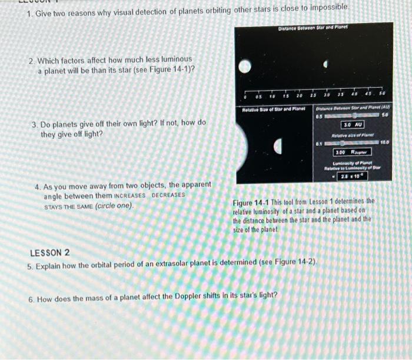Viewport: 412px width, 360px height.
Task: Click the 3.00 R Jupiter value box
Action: pyautogui.click(x=352, y=152)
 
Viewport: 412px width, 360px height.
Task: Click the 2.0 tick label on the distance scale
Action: pyautogui.click(x=300, y=97)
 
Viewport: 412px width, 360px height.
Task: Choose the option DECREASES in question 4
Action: pyautogui.click(x=168, y=195)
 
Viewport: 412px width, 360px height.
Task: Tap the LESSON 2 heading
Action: pyautogui.click(x=50, y=253)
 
